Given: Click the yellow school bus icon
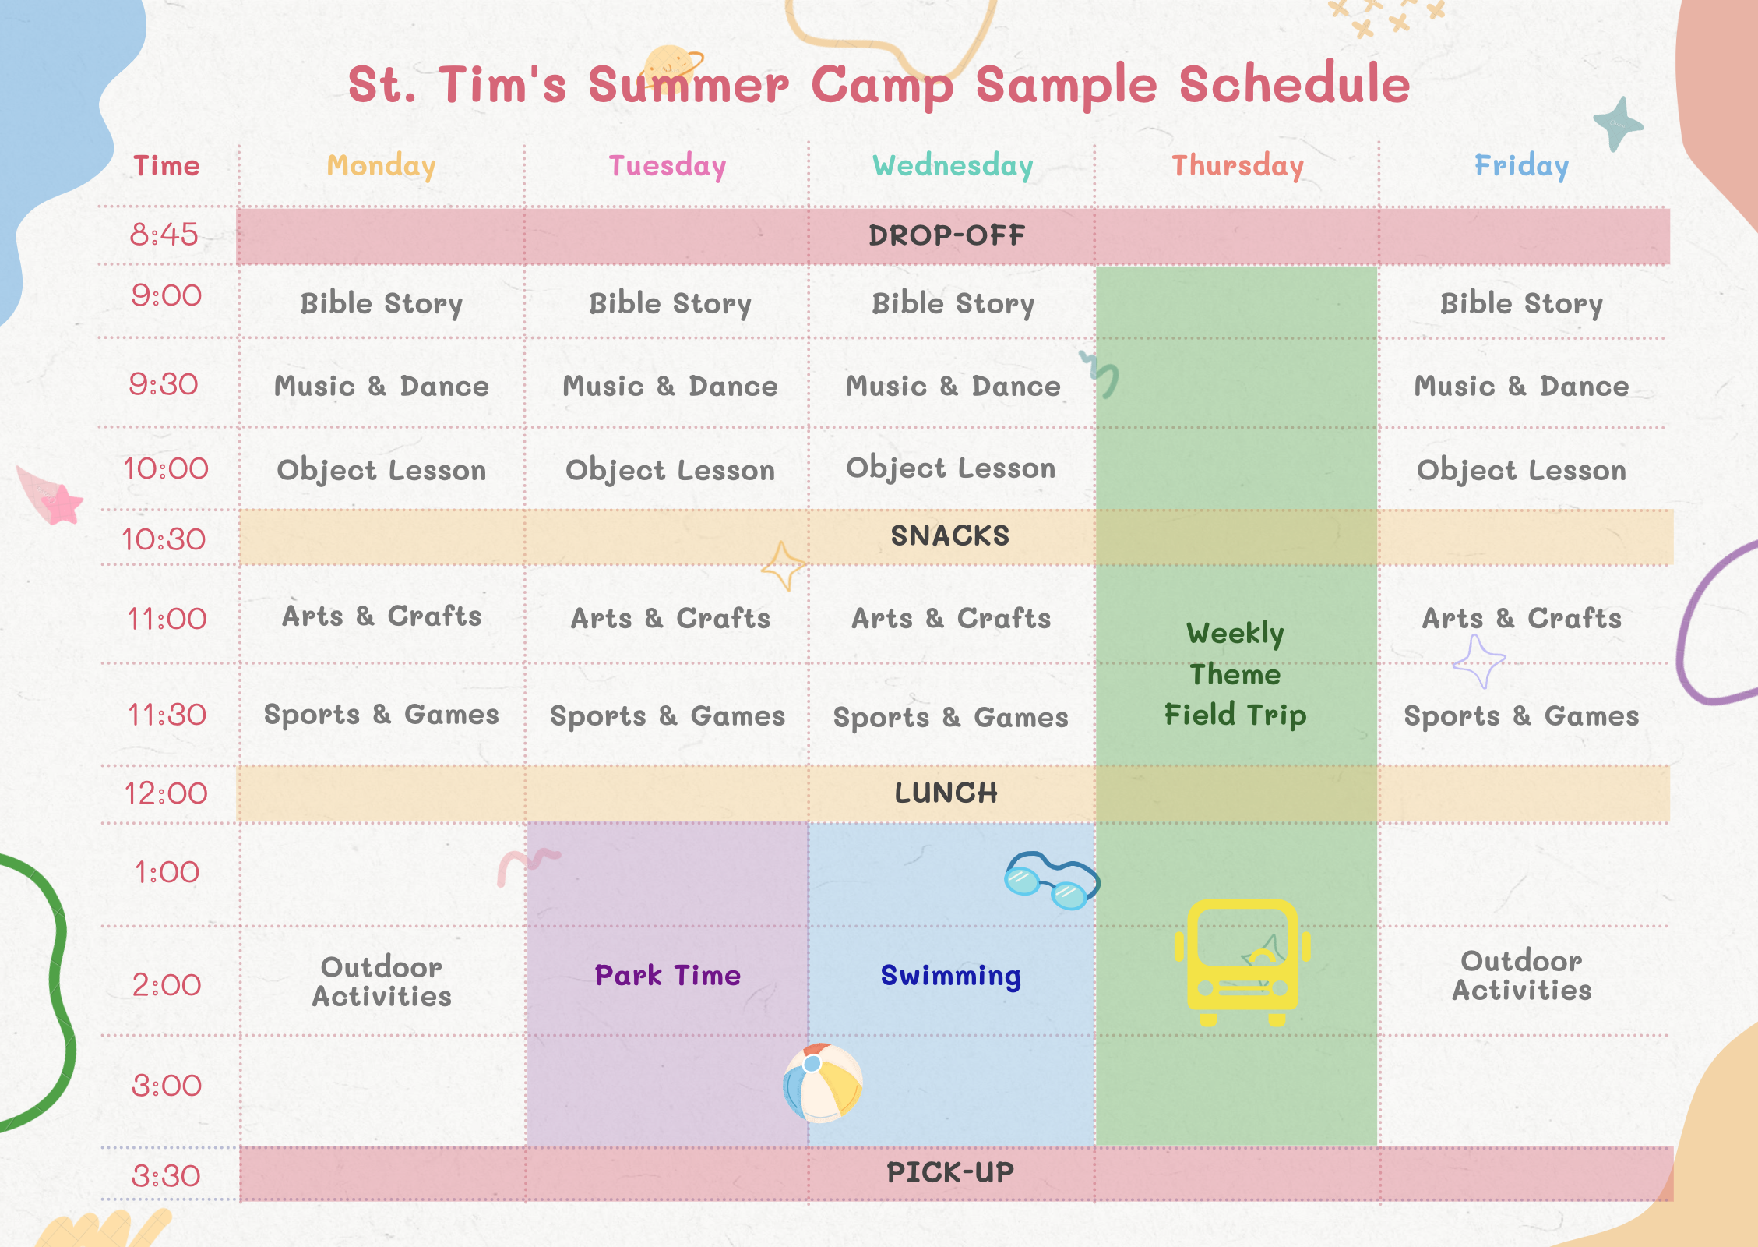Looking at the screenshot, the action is click(x=1242, y=963).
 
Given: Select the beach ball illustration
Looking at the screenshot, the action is click(x=823, y=1083).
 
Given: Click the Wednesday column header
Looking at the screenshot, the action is click(x=953, y=166).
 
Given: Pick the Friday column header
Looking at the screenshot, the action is click(x=1521, y=165).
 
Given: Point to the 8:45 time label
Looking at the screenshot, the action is click(x=164, y=234).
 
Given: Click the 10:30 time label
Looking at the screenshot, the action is click(x=164, y=539).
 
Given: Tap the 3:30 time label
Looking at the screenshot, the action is click(x=166, y=1175).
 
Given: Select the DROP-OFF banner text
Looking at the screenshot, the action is click(x=947, y=235).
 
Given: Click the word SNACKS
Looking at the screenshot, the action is click(x=950, y=535).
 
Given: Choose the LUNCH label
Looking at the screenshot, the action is click(x=946, y=793).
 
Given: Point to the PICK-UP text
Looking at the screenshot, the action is click(x=950, y=1172).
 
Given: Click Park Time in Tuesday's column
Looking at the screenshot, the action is click(x=668, y=975).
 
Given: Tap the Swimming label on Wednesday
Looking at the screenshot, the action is click(x=951, y=976).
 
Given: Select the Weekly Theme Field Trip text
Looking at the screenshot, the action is click(x=1235, y=674).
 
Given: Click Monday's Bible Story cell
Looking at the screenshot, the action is click(x=382, y=303).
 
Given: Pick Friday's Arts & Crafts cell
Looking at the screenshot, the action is click(x=1522, y=618).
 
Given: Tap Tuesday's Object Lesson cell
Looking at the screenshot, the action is click(x=670, y=470).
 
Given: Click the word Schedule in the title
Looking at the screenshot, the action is click(x=1295, y=84).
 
